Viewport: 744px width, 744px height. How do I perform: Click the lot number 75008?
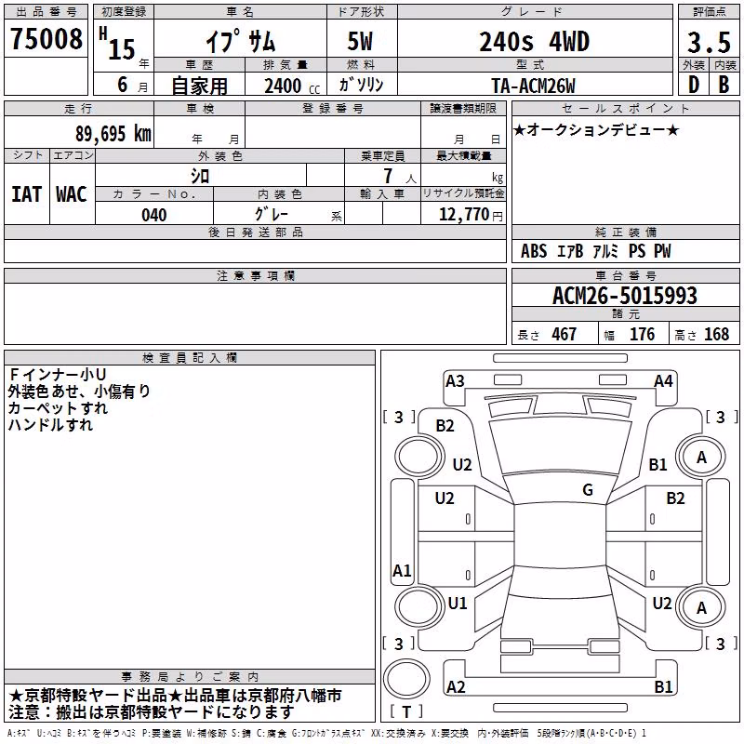click(x=46, y=39)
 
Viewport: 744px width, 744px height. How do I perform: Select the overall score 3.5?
click(x=709, y=42)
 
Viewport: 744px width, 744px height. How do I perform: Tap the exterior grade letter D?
click(x=694, y=85)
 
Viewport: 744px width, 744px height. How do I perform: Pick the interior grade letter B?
click(x=724, y=85)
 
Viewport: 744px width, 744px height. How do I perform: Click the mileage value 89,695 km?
click(x=113, y=134)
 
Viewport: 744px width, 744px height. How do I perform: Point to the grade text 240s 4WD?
click(x=534, y=42)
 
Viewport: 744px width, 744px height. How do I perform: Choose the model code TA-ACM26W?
click(x=533, y=86)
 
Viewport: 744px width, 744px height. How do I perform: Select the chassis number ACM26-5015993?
click(x=625, y=296)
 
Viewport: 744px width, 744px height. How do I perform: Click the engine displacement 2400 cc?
click(x=292, y=86)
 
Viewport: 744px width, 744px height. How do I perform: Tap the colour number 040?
click(x=154, y=216)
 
